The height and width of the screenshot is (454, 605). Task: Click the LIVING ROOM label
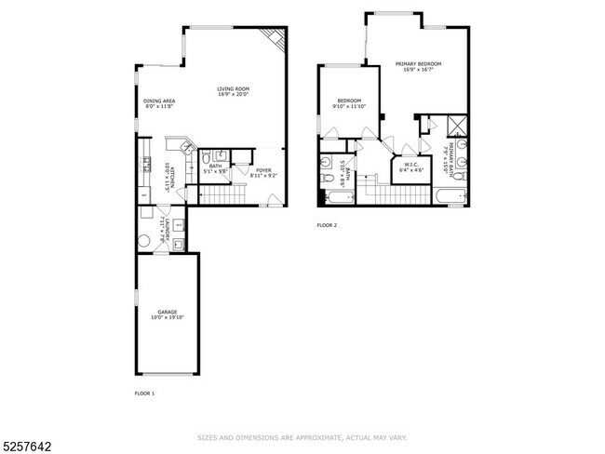point(235,88)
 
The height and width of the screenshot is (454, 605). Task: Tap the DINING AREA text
point(159,100)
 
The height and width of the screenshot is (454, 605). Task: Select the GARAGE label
point(167,312)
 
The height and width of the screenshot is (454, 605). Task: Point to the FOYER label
point(263,169)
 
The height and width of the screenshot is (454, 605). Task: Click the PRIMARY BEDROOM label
point(418,63)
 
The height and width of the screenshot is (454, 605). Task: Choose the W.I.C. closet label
point(410,166)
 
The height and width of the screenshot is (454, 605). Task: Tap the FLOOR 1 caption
point(144,394)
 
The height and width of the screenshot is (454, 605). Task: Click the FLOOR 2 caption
point(327,225)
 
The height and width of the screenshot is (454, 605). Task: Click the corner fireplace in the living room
point(275,37)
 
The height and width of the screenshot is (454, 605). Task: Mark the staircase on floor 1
point(222,195)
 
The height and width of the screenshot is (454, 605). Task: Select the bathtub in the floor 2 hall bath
point(332,197)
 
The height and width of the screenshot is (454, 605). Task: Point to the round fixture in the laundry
point(144,241)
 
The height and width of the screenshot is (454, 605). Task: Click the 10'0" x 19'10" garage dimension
point(167,318)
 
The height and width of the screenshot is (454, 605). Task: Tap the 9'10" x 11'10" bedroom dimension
point(349,106)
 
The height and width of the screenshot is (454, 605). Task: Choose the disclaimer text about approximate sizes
point(302,436)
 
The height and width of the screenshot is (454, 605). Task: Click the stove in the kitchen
point(146,166)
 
